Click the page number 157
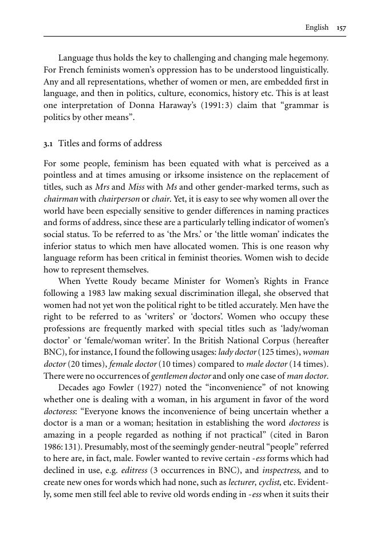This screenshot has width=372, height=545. click(342, 27)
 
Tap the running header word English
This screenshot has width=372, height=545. click(316, 27)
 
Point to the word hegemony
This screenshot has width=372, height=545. click(309, 58)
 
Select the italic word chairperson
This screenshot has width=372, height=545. click(118, 199)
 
